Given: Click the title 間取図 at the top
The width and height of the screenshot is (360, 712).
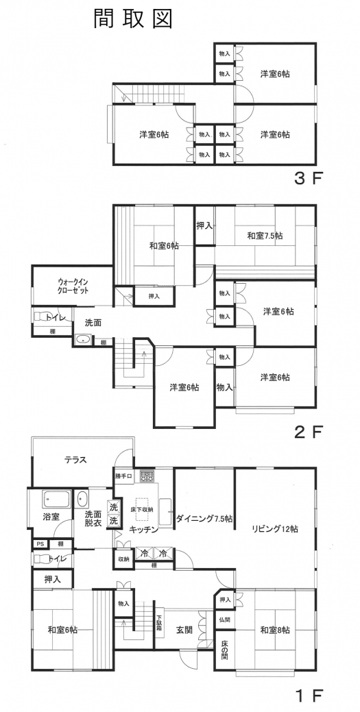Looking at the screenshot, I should [133, 19].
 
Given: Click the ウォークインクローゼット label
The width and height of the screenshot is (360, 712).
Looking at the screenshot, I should [73, 286].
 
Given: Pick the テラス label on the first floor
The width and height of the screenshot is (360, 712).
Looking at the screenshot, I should [75, 460].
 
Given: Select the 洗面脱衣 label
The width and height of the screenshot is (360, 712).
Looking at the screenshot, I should [93, 518].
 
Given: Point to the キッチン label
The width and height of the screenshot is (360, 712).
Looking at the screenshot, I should [144, 529].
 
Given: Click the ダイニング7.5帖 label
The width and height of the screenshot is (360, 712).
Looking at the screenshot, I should [204, 518].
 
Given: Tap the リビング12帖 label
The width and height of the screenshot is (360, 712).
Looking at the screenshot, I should [274, 528].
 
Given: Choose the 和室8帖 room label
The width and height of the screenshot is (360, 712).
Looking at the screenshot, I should [274, 630].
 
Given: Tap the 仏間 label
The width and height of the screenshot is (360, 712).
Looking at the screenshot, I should [225, 619].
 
